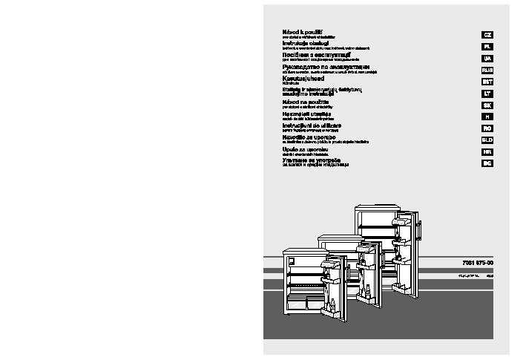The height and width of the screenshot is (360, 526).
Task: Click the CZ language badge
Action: pyautogui.click(x=487, y=35)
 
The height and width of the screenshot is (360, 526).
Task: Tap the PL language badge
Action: pyautogui.click(x=487, y=47)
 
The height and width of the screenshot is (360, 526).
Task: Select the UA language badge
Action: pyautogui.click(x=487, y=59)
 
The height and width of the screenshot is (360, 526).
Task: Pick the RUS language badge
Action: pyautogui.click(x=487, y=70)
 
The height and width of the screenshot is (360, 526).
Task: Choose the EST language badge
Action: pyautogui.click(x=487, y=82)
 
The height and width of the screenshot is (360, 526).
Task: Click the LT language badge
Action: pyautogui.click(x=487, y=94)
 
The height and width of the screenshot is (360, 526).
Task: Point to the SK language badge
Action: pyautogui.click(x=487, y=105)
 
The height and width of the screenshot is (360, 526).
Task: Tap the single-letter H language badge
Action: pyautogui.click(x=487, y=117)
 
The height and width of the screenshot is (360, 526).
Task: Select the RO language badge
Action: pyautogui.click(x=487, y=128)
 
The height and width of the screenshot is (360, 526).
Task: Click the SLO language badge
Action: pyautogui.click(x=487, y=140)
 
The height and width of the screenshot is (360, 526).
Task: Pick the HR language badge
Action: pyautogui.click(x=487, y=151)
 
